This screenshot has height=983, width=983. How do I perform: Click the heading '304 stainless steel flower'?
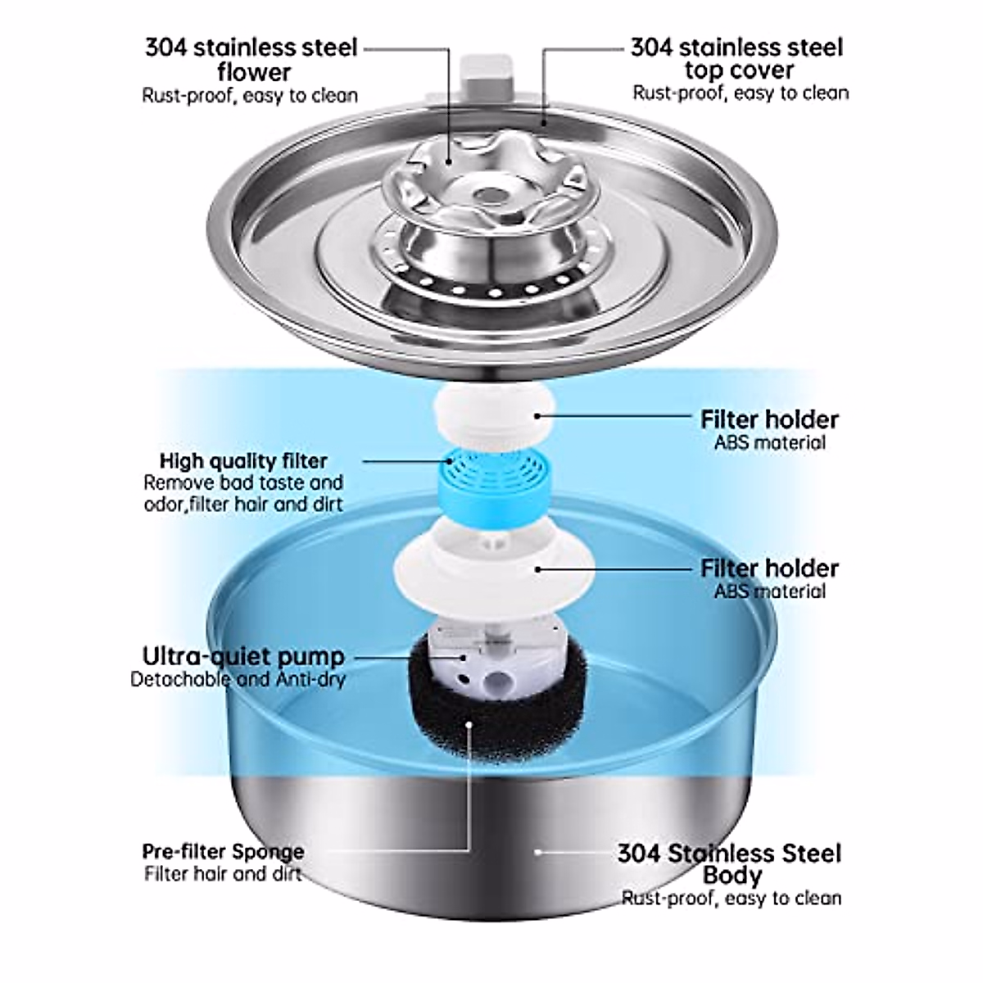[251, 59]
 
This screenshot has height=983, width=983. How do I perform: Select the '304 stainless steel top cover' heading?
[737, 58]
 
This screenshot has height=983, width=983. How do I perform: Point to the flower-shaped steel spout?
[483, 184]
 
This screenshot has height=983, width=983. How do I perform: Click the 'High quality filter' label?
[243, 461]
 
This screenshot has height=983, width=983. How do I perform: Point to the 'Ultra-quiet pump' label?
[243, 656]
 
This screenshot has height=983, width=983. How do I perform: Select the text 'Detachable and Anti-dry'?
[238, 679]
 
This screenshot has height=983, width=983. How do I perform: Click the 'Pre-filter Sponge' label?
[223, 851]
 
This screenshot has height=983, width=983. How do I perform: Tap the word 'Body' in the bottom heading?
[732, 876]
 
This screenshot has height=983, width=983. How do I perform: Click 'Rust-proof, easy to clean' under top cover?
[740, 93]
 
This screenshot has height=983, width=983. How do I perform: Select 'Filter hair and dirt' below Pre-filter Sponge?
[223, 874]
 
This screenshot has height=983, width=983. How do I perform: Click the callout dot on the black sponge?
[470, 723]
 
